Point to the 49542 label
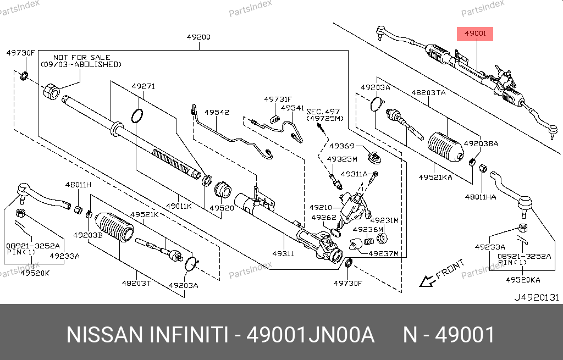coord(217,112)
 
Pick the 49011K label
coord(179,206)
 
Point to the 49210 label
coord(321,207)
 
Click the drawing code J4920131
coord(536,297)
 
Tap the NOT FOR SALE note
coord(81,57)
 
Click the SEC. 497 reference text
coord(324,111)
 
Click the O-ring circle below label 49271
coord(137,116)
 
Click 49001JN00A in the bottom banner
coord(311,334)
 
